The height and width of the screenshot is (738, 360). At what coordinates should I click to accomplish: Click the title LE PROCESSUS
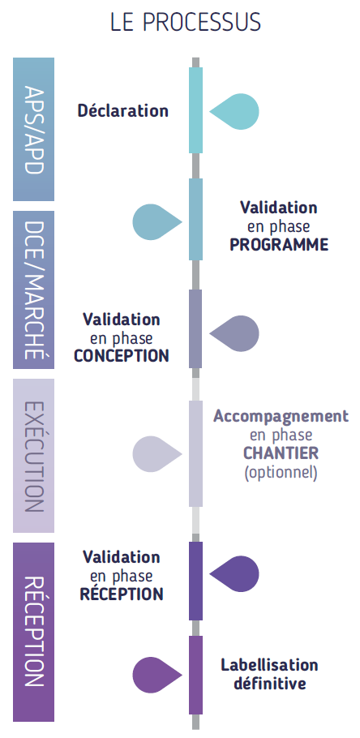point(186,22)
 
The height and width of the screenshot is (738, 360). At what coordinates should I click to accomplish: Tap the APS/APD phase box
point(33,129)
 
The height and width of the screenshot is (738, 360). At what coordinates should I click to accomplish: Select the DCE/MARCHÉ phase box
point(33,290)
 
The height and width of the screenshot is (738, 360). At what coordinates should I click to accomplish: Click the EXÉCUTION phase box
point(33,456)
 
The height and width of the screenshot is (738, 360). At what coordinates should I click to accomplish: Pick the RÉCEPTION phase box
point(33,632)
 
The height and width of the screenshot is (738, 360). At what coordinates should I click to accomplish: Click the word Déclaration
point(122,110)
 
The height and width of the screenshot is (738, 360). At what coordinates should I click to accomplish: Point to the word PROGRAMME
point(279,245)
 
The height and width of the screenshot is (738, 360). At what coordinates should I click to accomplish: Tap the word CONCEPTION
point(122,356)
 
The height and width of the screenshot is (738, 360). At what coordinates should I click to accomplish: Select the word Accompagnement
point(281,417)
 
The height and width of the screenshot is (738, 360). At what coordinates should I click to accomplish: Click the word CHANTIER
point(281,453)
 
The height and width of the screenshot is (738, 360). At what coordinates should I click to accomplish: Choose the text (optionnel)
point(281,472)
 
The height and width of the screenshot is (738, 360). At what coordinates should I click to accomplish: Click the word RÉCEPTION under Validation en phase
point(122,593)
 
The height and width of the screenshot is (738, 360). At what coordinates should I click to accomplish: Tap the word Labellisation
point(270,665)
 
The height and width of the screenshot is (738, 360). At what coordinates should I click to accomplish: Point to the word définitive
point(270,683)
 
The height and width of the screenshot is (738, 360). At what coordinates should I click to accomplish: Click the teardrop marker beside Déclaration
point(234,112)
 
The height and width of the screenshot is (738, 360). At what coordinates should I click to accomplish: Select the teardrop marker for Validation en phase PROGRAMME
point(157,221)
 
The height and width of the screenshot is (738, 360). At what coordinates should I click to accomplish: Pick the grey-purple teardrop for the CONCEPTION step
point(234,333)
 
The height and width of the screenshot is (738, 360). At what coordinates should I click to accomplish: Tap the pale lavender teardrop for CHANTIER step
point(157,454)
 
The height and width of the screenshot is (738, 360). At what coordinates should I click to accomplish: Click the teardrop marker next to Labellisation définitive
point(157,675)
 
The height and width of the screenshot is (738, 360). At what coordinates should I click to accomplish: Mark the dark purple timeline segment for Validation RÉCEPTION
point(195,581)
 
